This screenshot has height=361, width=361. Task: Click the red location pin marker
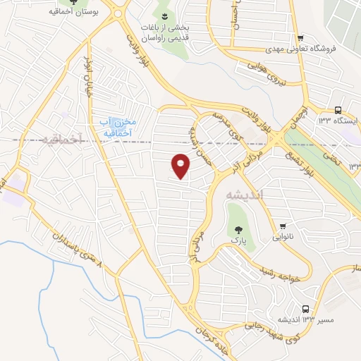(181, 166)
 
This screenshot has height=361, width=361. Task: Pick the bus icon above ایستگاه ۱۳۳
(338, 109)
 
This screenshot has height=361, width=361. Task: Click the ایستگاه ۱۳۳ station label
(338, 121)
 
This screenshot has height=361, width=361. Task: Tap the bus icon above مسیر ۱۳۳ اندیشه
(305, 309)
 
